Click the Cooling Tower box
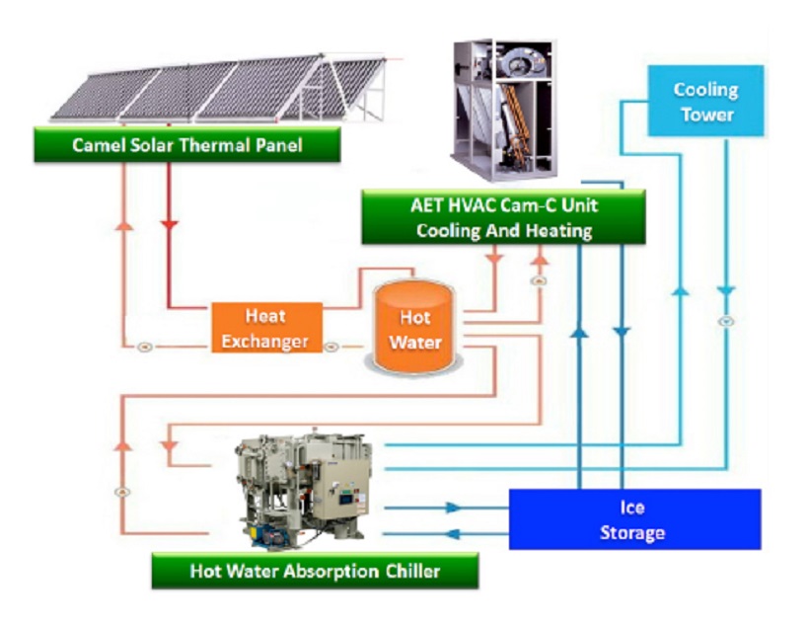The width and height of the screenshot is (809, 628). tap(705, 101)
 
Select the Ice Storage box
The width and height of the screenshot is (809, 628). tap(633, 519)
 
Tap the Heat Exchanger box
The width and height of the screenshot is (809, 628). tap(266, 328)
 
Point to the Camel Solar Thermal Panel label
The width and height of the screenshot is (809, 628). tap(186, 145)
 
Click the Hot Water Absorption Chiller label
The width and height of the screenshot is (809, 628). tap(315, 571)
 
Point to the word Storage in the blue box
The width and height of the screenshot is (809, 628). tap(632, 533)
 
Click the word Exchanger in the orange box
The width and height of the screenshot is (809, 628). tap(265, 342)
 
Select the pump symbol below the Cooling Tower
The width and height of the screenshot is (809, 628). tap(726, 320)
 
